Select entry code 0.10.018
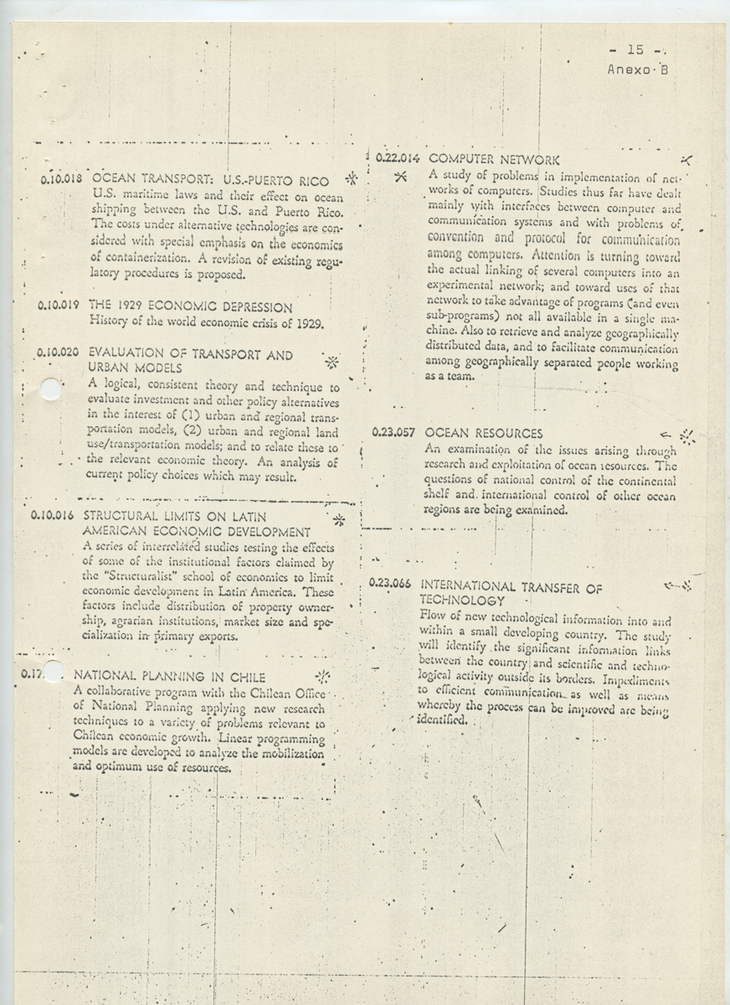[x=60, y=178]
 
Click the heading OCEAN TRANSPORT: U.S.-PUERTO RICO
[x=210, y=180]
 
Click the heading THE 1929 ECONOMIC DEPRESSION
[x=190, y=307]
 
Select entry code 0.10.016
[x=54, y=516]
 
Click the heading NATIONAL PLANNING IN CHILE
[x=170, y=676]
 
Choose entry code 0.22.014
[x=397, y=157]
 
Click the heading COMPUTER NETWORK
[x=494, y=158]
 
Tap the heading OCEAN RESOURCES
[x=484, y=434]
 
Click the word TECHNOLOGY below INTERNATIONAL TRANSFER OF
[x=461, y=601]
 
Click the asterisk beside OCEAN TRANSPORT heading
[x=352, y=178]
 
